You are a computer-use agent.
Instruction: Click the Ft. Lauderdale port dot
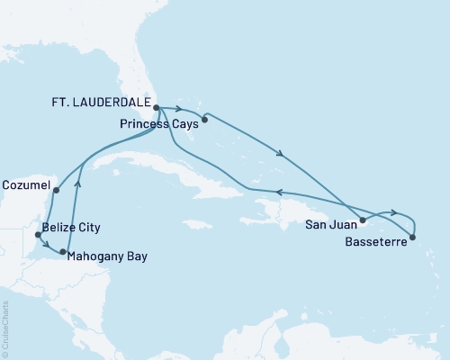point(157,108)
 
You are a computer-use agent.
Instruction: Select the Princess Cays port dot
point(205,118)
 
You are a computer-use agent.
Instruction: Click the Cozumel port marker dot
point(56,190)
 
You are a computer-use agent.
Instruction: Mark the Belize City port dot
point(37,235)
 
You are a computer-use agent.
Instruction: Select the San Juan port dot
point(363,220)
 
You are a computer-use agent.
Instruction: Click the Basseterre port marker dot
point(412,238)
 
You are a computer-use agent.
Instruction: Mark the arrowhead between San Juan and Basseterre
point(393,213)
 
